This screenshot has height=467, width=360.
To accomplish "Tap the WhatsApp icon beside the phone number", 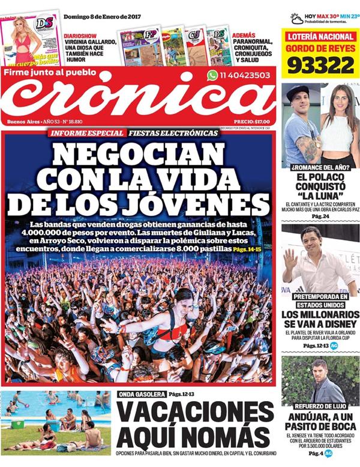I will pos(212,76).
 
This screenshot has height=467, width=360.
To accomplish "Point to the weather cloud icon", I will pos(296,19).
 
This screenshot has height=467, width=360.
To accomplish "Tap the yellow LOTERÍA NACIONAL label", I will pos(320,37).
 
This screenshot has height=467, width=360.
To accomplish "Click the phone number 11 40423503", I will pos(245,76).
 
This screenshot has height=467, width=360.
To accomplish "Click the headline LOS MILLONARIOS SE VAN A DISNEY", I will pos(320,320).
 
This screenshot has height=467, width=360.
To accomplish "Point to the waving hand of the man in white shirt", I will pos(290,258).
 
